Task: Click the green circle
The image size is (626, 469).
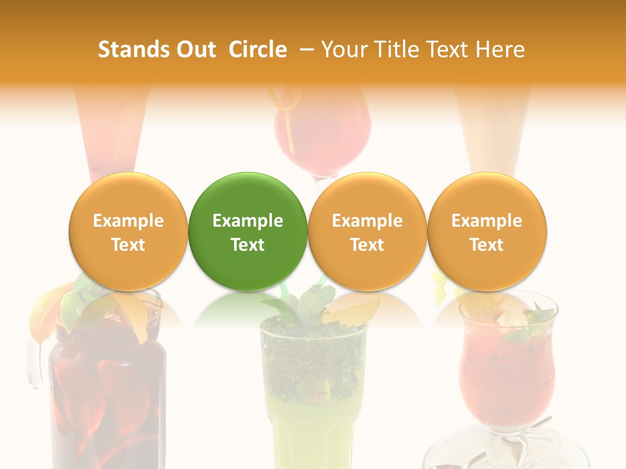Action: click(248, 231)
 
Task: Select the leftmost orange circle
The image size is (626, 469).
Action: click(128, 231)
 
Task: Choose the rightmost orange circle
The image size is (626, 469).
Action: click(486, 231)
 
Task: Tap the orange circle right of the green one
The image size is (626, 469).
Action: click(367, 231)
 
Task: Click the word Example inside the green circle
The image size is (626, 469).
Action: click(248, 221)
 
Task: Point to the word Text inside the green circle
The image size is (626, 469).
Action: click(248, 245)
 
